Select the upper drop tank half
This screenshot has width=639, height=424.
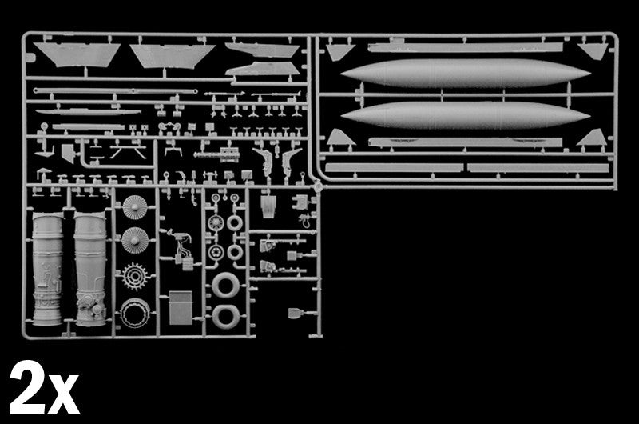coord(465,74)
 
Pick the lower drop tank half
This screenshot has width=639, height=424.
coord(465,115)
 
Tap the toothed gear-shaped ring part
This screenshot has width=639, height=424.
coord(135,277)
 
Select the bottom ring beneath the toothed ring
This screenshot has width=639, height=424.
coord(135,312)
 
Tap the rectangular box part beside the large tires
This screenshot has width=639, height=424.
coord(181,307)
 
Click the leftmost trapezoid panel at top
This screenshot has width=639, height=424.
coord(76,54)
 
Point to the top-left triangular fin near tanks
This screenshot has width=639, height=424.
coord(340,52)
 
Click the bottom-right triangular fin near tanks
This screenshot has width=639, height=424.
coord(590,138)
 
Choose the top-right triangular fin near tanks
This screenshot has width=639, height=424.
coord(592,51)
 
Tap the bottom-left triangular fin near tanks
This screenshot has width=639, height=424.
coord(339,138)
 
